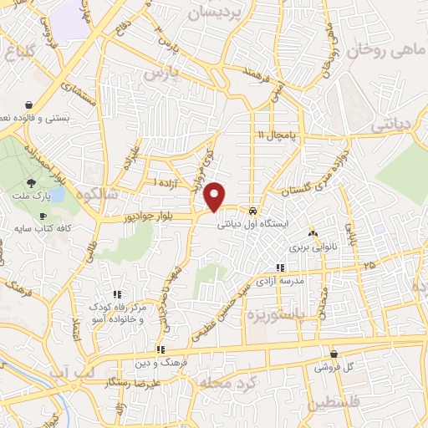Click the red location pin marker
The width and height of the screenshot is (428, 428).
pyautogui.click(x=215, y=196)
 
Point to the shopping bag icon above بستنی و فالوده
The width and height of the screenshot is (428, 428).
pyautogui.click(x=30, y=106)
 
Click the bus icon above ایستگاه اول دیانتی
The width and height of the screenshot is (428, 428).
pyautogui.click(x=252, y=210)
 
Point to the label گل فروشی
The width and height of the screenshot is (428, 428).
pyautogui.click(x=334, y=367)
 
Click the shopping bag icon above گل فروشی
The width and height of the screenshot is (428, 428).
pyautogui.click(x=334, y=354)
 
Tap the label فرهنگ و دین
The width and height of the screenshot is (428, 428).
pyautogui.click(x=159, y=363)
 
